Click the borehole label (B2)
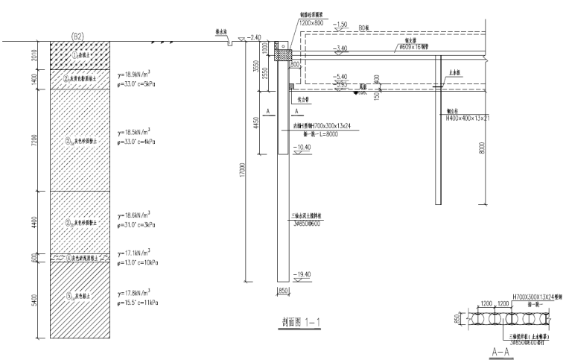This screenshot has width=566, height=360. pyautogui.click(x=77, y=36)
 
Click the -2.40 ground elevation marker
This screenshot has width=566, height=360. pyautogui.click(x=257, y=37)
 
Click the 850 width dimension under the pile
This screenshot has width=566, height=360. pyautogui.click(x=283, y=290)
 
